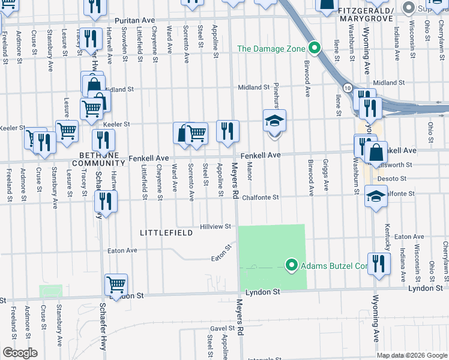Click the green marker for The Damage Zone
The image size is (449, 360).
(x=313, y=49)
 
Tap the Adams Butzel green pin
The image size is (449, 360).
(x=292, y=265)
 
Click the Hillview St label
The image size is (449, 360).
(x=215, y=227)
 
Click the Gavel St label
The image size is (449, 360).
(x=221, y=329)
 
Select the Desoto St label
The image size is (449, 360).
(x=395, y=179)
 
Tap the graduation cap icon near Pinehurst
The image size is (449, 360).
(x=274, y=121)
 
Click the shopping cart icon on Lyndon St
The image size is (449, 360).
(x=116, y=284)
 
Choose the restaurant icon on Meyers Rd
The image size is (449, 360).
(x=228, y=131)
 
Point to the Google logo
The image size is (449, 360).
(x=20, y=353)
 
